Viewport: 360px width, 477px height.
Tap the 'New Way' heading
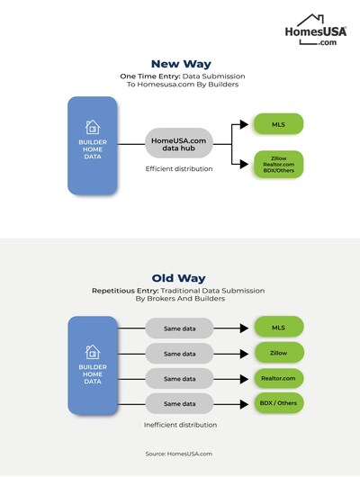coord(180,63)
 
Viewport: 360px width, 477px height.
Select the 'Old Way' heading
coord(180,278)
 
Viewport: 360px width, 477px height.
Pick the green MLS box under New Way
coord(278,123)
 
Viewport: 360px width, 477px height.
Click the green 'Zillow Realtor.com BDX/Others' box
coord(278,165)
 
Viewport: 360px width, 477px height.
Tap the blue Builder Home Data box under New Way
coord(92,146)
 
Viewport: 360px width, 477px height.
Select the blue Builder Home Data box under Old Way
coord(92,364)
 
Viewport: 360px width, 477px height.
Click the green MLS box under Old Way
coord(278,327)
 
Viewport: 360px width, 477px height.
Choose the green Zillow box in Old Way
coord(278,353)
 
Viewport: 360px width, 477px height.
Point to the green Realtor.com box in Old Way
coord(278,378)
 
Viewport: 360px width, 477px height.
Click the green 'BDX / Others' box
coord(278,403)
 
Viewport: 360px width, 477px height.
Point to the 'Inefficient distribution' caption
coord(180,424)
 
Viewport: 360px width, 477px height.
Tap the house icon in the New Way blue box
coord(92,127)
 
